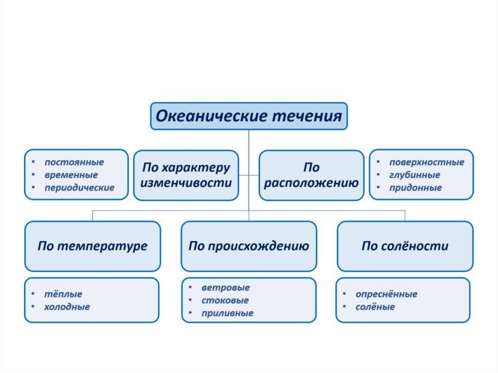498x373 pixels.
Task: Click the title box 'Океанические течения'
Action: (x=249, y=116)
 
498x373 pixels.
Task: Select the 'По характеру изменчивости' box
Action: (x=186, y=175)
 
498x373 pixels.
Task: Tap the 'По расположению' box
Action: (x=311, y=175)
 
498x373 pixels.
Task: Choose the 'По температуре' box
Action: (x=92, y=246)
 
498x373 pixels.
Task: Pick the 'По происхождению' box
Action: (x=249, y=246)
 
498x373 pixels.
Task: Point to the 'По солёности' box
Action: (x=405, y=246)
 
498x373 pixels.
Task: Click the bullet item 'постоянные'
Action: (x=74, y=162)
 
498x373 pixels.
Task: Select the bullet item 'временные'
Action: (x=71, y=175)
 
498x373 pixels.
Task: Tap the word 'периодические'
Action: (x=79, y=187)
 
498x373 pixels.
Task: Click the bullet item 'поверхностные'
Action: (x=427, y=162)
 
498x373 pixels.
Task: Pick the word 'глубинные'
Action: (x=414, y=175)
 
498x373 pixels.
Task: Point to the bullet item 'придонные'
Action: (x=415, y=188)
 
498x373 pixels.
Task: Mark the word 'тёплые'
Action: (x=63, y=294)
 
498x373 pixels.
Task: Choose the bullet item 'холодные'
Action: (x=67, y=307)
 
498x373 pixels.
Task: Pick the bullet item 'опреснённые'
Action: (x=386, y=294)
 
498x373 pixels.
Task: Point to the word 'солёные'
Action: (x=375, y=307)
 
